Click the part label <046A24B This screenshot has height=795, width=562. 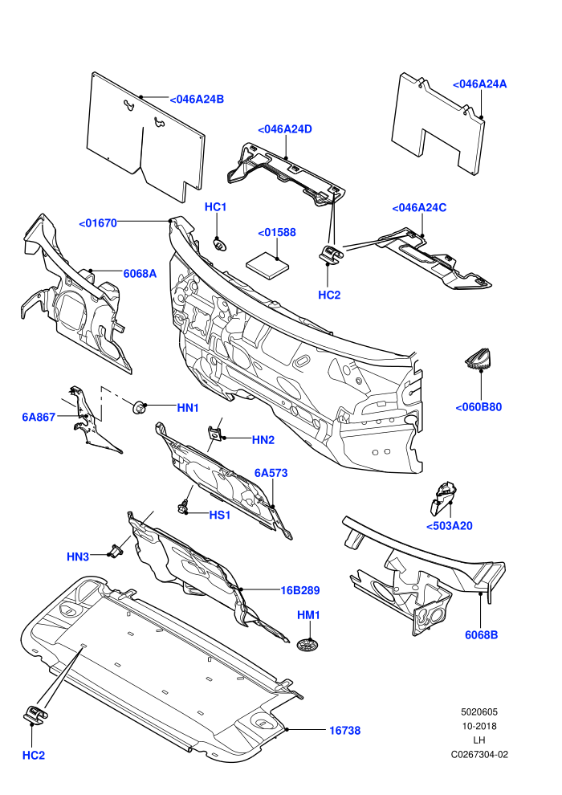(x=197, y=100)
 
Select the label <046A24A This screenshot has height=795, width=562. (x=479, y=84)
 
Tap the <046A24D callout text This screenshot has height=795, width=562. (x=285, y=129)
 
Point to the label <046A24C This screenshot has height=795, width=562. (x=419, y=208)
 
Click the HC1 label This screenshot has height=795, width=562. (x=215, y=207)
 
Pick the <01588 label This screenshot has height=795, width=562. (x=277, y=233)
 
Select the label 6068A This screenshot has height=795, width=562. (x=140, y=274)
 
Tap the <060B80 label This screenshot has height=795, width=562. (x=479, y=407)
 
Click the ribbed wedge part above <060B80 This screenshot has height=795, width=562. (x=478, y=360)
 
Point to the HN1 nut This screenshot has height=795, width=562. (x=138, y=406)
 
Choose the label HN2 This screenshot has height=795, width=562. (x=263, y=440)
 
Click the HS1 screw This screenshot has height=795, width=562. (x=183, y=507)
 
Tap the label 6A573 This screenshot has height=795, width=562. (x=271, y=473)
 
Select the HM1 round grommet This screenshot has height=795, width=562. (x=307, y=645)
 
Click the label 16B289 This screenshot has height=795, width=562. (x=300, y=591)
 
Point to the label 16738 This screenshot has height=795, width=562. (x=345, y=731)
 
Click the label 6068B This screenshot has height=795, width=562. (x=482, y=634)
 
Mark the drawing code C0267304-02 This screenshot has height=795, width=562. (x=479, y=754)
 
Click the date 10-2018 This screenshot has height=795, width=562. (x=479, y=726)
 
